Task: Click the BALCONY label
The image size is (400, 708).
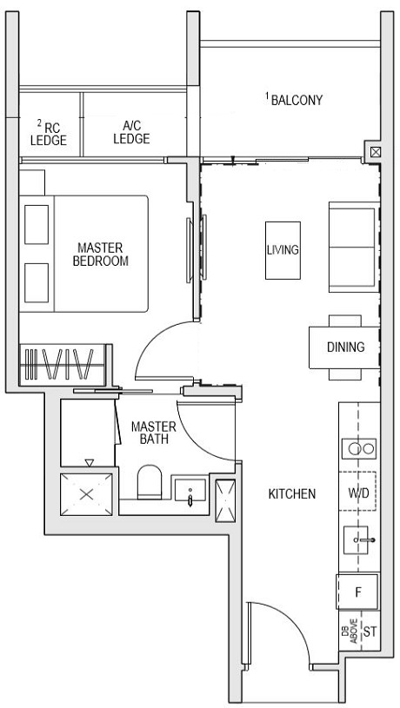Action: tap(297, 100)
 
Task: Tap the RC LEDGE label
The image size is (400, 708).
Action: tap(48, 133)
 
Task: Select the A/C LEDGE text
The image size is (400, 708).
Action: tap(131, 133)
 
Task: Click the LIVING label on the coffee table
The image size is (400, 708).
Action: tap(283, 250)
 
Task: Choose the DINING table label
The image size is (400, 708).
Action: tap(345, 347)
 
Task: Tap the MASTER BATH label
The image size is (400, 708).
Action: tap(153, 433)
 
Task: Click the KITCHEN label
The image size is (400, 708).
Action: tap(291, 493)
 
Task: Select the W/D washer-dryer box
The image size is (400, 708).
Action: tap(358, 493)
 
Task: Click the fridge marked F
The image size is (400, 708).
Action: tap(357, 592)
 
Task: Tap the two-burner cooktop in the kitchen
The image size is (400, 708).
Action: tap(358, 448)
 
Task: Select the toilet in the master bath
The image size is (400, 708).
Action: tap(150, 482)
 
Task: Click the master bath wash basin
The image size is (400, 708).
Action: tap(189, 491)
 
